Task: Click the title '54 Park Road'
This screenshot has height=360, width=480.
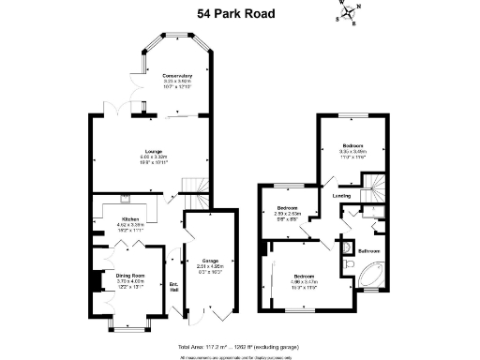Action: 240,14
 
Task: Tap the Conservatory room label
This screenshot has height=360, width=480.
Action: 176,75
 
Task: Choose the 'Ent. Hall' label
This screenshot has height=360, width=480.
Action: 173,286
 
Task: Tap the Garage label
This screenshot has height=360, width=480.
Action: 207,261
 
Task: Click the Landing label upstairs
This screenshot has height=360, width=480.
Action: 341,196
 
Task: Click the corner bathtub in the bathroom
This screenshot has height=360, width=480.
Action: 368,276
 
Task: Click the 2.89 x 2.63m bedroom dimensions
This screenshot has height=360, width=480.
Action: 286,214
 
